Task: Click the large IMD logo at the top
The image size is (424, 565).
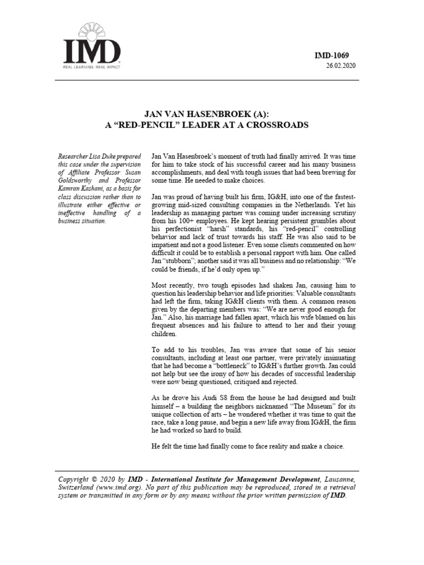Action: pyautogui.click(x=92, y=50)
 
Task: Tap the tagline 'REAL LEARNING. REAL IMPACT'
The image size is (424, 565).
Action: pyautogui.click(x=92, y=67)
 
